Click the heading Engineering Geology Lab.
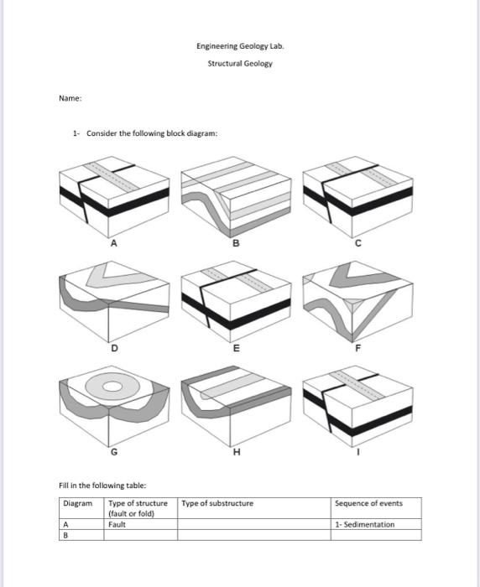240,47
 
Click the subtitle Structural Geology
240,63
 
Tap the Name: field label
70,98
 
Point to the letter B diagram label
236,244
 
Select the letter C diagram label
357,244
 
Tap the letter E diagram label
236,347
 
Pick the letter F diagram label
357,347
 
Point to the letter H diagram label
236,453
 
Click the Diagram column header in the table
78,503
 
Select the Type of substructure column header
217,503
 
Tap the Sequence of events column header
368,503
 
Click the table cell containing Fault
117,524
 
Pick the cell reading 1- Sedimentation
364,524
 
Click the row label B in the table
67,534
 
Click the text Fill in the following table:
102,485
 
